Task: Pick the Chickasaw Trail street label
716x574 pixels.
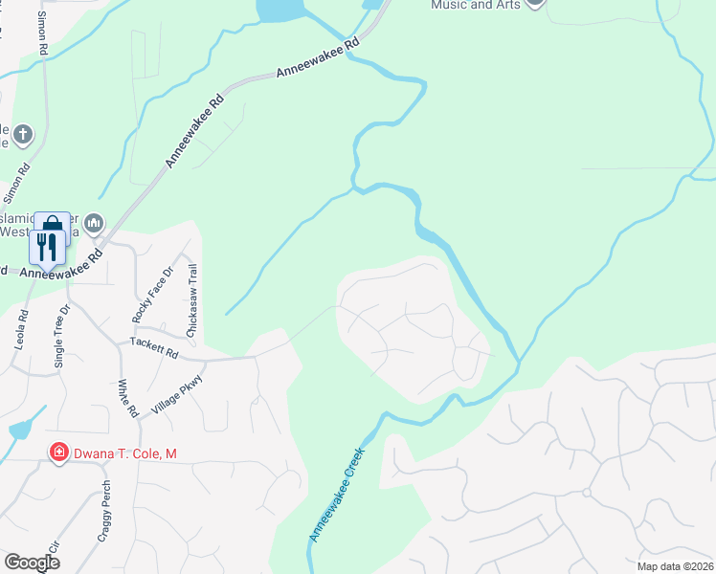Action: pos(191,298)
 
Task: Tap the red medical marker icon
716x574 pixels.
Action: pos(58,453)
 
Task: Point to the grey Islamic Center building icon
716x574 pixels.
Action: pos(94,224)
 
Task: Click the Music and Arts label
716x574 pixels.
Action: pos(476,5)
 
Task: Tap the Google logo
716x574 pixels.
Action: pos(33,562)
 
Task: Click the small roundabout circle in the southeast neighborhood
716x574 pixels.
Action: pos(586,492)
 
